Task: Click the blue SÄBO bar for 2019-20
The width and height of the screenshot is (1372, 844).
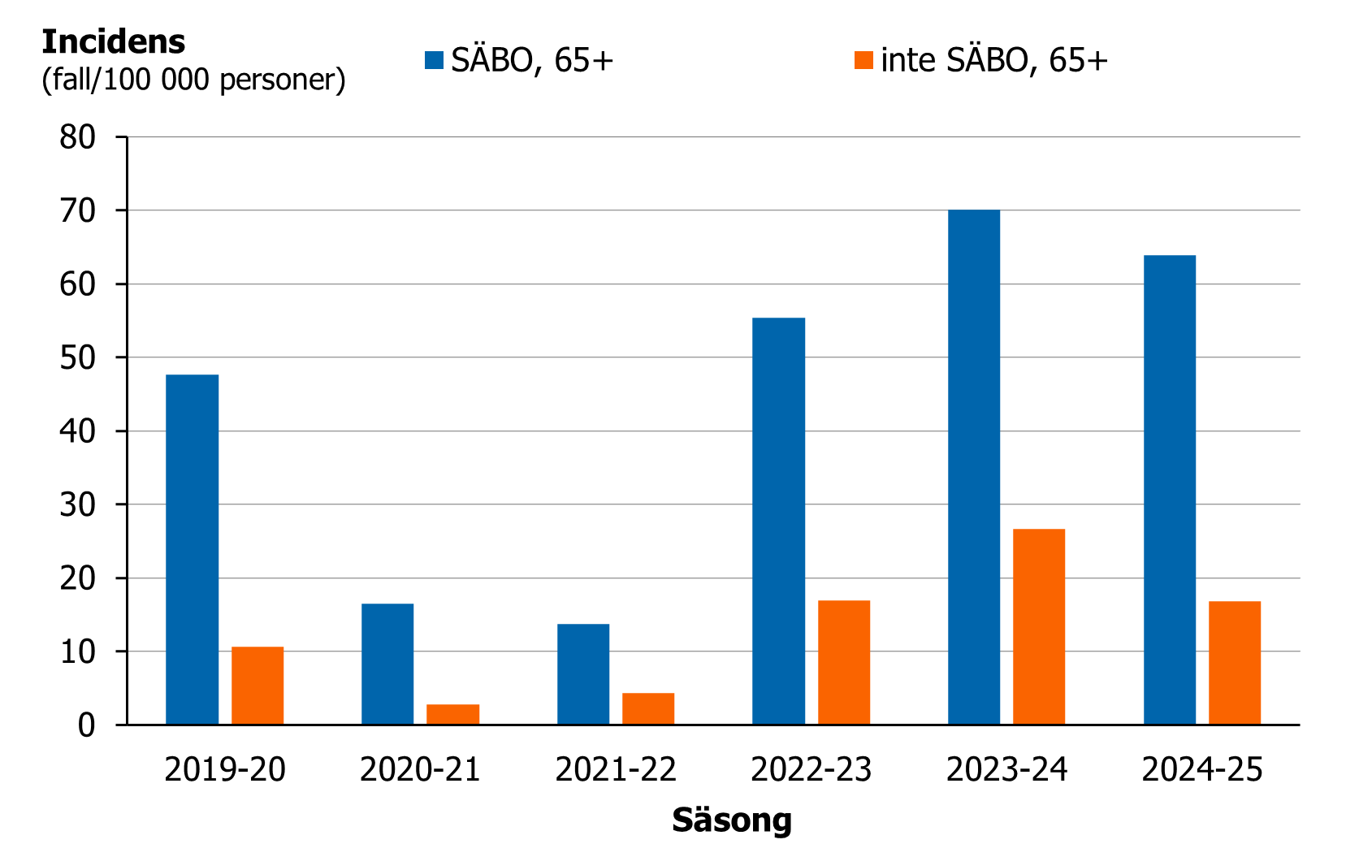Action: tap(192, 549)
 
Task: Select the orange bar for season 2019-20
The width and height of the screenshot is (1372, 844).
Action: tap(258, 686)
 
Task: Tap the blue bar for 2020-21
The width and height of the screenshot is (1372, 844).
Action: tap(387, 664)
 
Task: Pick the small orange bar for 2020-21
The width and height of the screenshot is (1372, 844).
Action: tap(452, 715)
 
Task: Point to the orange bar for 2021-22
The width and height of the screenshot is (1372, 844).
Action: tap(648, 709)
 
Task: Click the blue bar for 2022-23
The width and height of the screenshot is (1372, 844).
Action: tap(778, 521)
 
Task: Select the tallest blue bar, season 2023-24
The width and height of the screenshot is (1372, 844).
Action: tap(974, 467)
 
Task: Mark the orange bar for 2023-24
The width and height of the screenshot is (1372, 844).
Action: tap(1039, 626)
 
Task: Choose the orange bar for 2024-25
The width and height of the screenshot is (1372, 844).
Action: tap(1235, 663)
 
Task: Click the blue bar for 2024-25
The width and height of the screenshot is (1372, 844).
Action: tap(1170, 490)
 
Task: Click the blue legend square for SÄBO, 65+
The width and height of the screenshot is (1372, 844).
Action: tap(434, 60)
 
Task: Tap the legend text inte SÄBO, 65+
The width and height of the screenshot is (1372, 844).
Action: tap(993, 60)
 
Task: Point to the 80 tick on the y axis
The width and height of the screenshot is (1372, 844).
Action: tap(77, 137)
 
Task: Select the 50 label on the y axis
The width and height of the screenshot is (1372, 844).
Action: tap(77, 357)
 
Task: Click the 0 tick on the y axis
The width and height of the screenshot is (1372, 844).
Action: tap(86, 725)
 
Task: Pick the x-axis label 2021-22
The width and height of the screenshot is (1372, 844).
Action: tap(616, 769)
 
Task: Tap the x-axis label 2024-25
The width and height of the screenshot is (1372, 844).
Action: tap(1202, 769)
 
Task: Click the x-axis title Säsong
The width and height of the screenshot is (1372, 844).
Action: tap(731, 820)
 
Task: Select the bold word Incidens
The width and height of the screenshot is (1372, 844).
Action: tap(113, 41)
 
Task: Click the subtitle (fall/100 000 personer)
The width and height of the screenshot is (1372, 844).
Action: tap(193, 80)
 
